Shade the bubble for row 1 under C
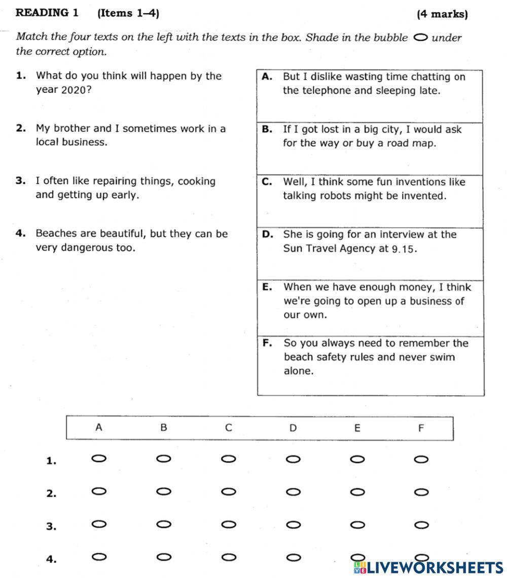click(x=229, y=459)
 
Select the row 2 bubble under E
click(x=357, y=492)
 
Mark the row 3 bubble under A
click(x=99, y=524)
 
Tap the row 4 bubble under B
click(x=163, y=557)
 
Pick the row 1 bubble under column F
click(x=421, y=459)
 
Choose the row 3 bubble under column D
click(x=293, y=525)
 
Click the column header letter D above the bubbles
click(x=293, y=428)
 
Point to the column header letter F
click(x=421, y=429)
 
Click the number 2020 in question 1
click(x=75, y=90)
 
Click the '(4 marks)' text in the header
click(x=442, y=14)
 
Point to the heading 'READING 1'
click(x=47, y=13)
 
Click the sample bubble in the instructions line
click(x=421, y=37)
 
